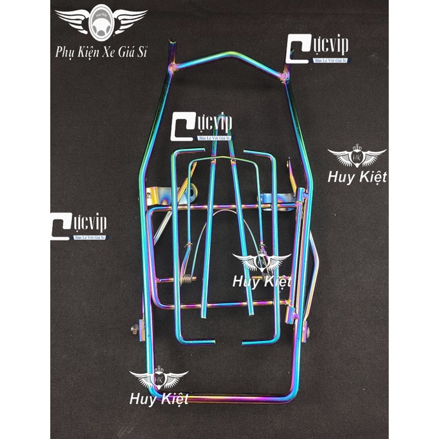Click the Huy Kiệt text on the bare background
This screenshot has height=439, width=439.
357,176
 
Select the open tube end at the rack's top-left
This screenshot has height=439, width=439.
170,44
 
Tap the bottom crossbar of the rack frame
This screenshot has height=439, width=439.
223,400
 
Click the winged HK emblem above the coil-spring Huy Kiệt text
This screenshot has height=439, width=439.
261,260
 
